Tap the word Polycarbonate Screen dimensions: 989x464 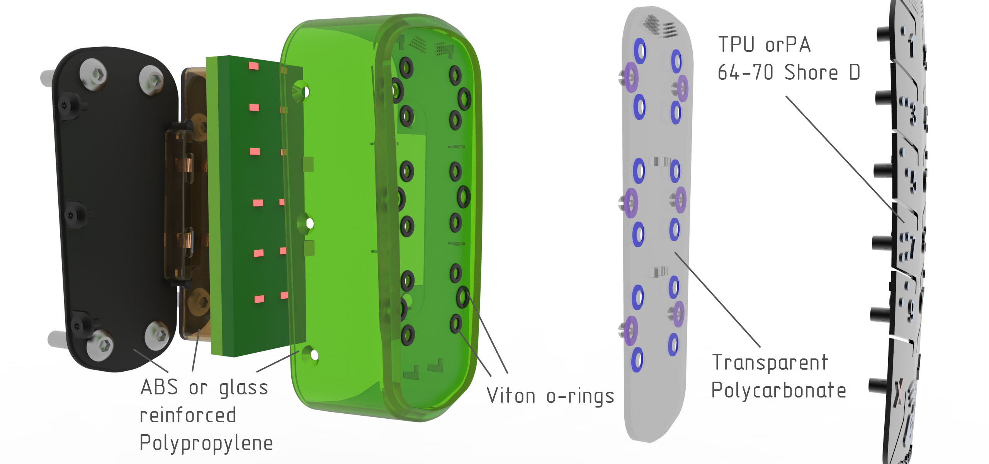(779, 389)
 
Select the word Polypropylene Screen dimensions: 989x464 (206, 443)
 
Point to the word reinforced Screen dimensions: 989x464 (188, 415)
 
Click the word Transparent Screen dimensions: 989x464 (770, 362)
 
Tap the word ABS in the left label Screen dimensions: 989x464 (160, 387)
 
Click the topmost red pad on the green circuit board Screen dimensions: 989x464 (254, 65)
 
